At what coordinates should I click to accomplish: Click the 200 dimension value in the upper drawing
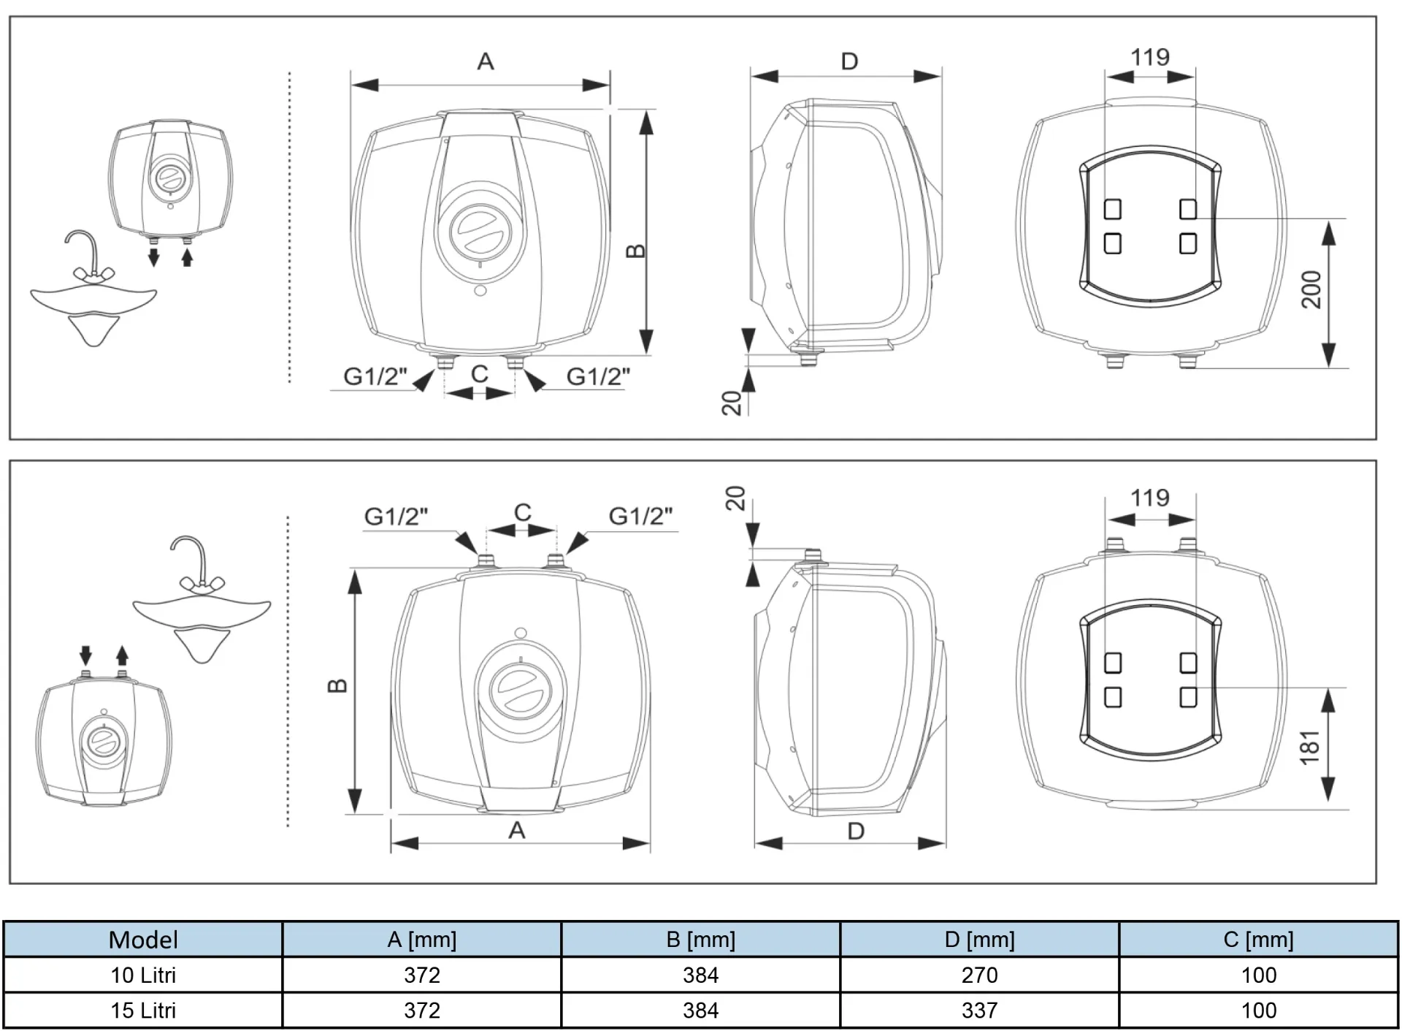pyautogui.click(x=1312, y=289)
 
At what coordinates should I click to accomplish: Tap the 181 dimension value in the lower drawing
pyautogui.click(x=1311, y=747)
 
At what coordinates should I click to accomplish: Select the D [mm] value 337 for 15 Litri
pyautogui.click(x=979, y=1010)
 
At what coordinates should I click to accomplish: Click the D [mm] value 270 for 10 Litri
pyautogui.click(x=979, y=975)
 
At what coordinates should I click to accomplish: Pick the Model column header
pyautogui.click(x=143, y=940)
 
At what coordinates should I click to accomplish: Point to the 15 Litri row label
pyautogui.click(x=143, y=1010)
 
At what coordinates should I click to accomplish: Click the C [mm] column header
pyautogui.click(x=1258, y=940)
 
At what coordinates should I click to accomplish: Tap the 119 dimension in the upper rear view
pyautogui.click(x=1150, y=57)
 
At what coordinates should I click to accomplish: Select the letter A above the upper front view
pyautogui.click(x=486, y=61)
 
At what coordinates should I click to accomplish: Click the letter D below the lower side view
pyautogui.click(x=856, y=831)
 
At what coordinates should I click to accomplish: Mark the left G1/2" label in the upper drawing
pyautogui.click(x=375, y=376)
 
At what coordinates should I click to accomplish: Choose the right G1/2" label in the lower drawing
pyautogui.click(x=640, y=516)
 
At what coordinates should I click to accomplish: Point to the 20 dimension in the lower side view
pyautogui.click(x=735, y=498)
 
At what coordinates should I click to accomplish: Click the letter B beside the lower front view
pyautogui.click(x=337, y=685)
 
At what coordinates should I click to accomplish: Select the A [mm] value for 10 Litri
pyautogui.click(x=422, y=975)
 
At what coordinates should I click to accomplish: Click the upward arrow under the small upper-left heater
pyautogui.click(x=187, y=257)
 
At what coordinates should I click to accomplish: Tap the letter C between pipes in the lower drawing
pyautogui.click(x=522, y=512)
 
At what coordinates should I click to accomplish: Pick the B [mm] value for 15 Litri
pyautogui.click(x=700, y=1010)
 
